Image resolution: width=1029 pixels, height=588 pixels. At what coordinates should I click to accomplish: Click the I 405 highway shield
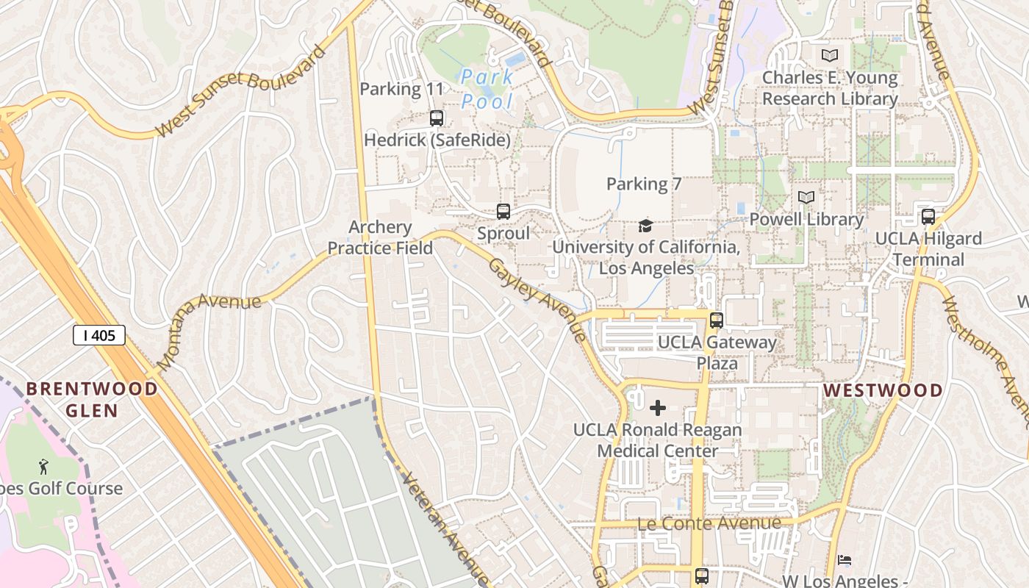99,336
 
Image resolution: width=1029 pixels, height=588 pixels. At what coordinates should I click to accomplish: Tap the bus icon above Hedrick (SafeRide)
437,118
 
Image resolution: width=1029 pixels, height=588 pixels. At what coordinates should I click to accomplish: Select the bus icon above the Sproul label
503,212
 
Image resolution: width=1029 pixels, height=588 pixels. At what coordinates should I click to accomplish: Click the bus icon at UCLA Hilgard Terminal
928,217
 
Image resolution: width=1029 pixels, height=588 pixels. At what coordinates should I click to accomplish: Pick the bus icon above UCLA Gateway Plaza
717,320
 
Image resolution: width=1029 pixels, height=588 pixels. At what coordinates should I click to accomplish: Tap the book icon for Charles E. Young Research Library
830,55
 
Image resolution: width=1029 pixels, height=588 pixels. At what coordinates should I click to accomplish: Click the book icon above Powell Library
806,197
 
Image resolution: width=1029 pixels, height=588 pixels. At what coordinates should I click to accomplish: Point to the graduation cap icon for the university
645,226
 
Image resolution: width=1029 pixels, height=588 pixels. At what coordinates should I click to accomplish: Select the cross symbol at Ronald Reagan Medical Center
658,407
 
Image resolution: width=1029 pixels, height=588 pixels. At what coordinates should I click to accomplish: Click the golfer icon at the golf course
43,466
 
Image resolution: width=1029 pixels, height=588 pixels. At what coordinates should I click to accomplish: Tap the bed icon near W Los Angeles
845,561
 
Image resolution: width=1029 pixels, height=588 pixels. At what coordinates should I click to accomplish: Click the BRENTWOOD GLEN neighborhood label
93,399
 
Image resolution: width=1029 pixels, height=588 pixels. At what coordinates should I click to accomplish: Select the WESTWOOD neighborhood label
883,390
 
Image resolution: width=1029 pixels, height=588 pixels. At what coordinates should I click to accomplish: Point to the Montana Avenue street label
209,330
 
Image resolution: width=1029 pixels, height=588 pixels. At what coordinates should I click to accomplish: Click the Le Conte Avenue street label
709,523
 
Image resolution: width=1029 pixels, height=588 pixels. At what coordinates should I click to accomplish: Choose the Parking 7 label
644,184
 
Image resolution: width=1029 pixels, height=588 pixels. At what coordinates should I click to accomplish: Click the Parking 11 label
401,90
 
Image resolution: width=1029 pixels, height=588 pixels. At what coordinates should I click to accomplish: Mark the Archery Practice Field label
380,237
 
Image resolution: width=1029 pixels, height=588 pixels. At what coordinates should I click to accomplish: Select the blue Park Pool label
487,89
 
